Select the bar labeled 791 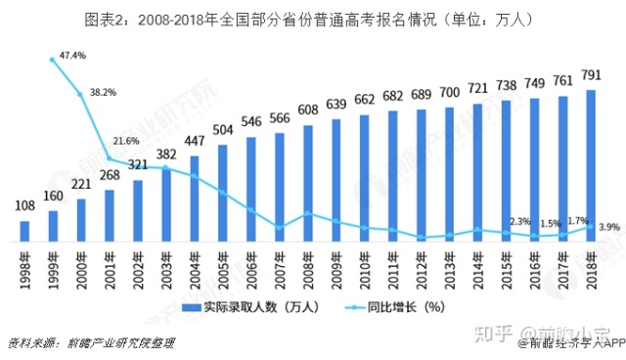coord(591,166)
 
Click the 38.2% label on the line coord(103,91)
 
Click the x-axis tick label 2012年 coord(422,268)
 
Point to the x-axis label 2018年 coord(591,268)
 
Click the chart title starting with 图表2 coord(313,19)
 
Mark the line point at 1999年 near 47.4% coord(53,60)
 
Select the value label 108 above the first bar coord(25,207)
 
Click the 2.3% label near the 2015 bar coord(519,221)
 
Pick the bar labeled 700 coord(450,175)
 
